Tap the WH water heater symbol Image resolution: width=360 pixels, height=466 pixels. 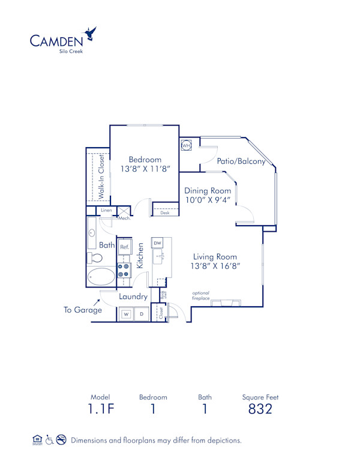click(186, 145)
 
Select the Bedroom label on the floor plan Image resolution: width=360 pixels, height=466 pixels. click(145, 159)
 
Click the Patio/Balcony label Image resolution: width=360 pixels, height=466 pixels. click(241, 162)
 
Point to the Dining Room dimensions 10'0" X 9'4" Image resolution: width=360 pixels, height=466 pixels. click(208, 201)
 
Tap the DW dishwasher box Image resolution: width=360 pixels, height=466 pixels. click(158, 242)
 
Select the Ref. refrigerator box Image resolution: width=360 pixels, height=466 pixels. click(125, 247)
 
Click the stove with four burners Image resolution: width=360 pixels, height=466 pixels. click(124, 270)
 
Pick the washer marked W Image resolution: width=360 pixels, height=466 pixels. click(127, 313)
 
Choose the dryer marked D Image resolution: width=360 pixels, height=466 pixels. click(142, 313)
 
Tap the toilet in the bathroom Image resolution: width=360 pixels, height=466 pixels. click(94, 257)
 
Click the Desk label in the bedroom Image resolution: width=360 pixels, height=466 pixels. click(165, 213)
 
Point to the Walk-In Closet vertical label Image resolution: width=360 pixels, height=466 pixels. click(101, 177)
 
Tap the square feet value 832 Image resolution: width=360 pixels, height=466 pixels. click(260, 410)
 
